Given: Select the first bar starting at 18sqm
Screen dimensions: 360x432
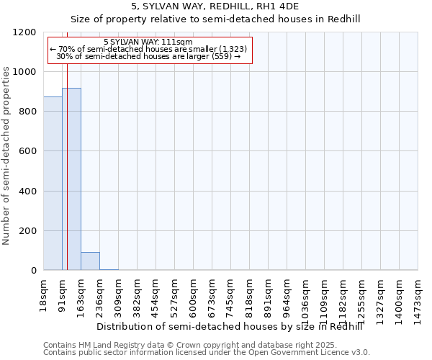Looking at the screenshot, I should (53, 183).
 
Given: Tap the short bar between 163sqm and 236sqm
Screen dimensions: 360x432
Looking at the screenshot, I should (90, 261).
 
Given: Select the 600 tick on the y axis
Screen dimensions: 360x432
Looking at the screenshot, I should (27, 151).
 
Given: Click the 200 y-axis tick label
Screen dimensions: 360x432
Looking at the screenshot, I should (27, 231).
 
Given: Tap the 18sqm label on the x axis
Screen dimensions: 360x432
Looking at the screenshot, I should (43, 293).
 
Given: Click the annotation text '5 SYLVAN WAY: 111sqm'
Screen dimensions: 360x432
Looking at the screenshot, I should (148, 42).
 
